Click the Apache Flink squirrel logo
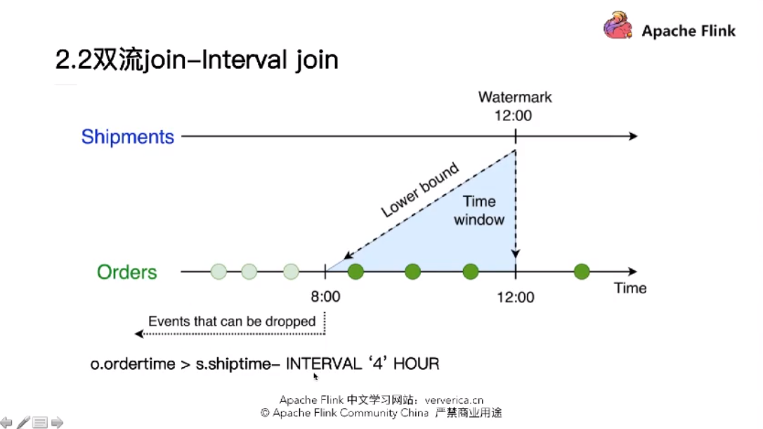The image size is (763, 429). [618, 25]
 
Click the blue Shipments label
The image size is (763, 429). [127, 137]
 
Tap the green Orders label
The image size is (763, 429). [127, 272]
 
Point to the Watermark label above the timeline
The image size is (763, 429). [515, 97]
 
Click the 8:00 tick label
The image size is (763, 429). [325, 297]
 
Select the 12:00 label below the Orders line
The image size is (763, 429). [515, 297]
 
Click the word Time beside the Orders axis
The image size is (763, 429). [630, 288]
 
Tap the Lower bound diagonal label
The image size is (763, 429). [419, 190]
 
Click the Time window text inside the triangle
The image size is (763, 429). [479, 210]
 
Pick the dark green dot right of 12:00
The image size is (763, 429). [582, 271]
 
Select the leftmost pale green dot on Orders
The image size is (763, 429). [219, 271]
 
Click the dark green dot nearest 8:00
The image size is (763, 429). [356, 271]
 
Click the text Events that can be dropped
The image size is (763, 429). [232, 321]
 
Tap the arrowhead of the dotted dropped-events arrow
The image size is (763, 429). [138, 333]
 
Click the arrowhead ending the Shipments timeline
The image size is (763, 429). [633, 136]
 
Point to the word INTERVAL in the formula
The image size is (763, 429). [324, 364]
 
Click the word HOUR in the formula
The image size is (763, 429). [416, 364]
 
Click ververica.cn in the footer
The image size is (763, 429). [454, 400]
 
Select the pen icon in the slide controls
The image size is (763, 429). [23, 422]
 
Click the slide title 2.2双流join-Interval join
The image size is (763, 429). [197, 60]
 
